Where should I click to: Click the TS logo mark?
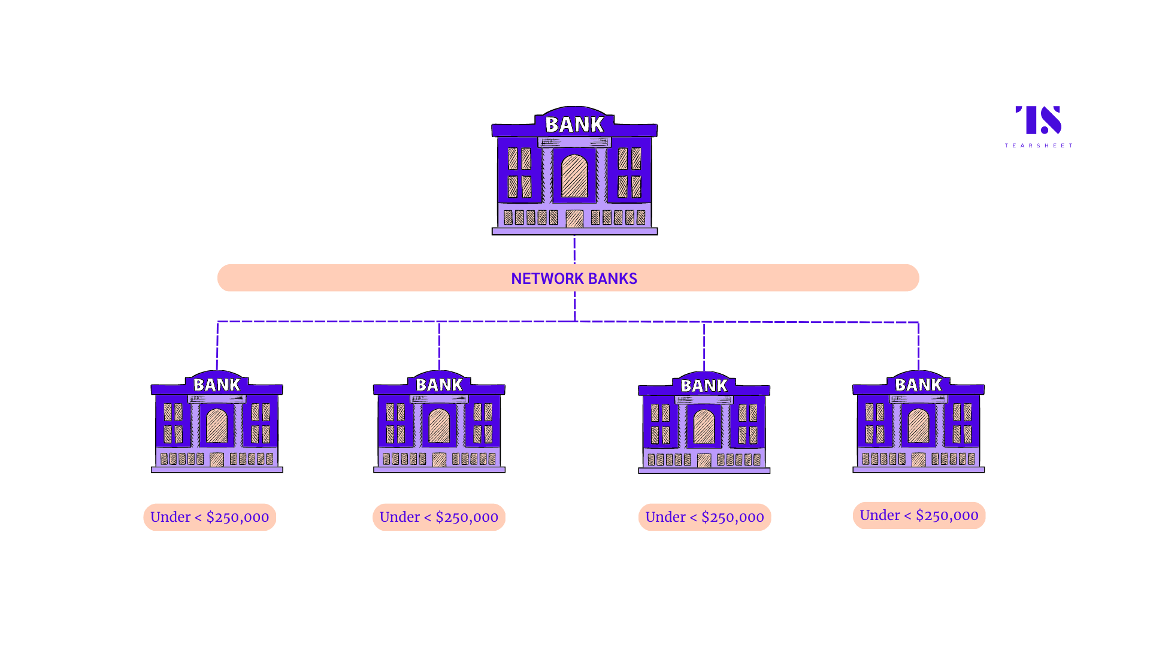[1038, 120]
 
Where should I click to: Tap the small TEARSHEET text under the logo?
[1039, 146]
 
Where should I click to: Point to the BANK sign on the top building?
[574, 124]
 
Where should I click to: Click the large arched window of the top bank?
[574, 176]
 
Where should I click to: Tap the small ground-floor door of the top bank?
[574, 218]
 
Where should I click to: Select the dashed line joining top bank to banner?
[574, 250]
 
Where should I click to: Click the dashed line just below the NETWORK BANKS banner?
[575, 306]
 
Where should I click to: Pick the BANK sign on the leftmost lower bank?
[217, 385]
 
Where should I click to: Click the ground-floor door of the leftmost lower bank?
[217, 459]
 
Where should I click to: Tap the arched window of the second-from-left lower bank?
[439, 426]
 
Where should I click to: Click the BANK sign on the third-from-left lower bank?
[704, 385]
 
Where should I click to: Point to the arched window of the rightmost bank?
[918, 426]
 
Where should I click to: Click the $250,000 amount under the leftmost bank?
[238, 518]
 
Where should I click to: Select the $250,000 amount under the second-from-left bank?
[467, 518]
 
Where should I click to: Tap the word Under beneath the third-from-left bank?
[665, 518]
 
